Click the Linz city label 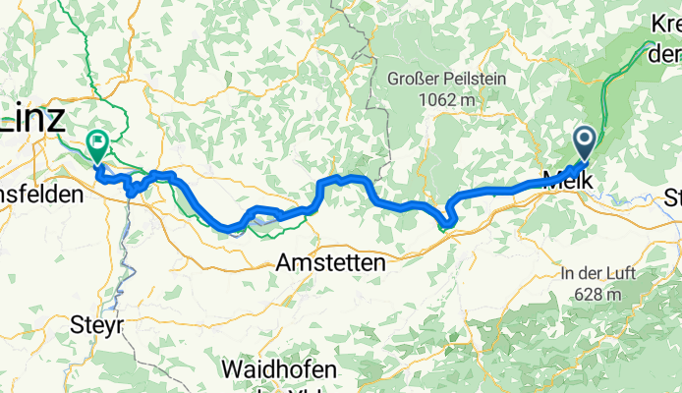[35, 119]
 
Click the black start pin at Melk [584, 143]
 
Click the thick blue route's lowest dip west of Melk [447, 225]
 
